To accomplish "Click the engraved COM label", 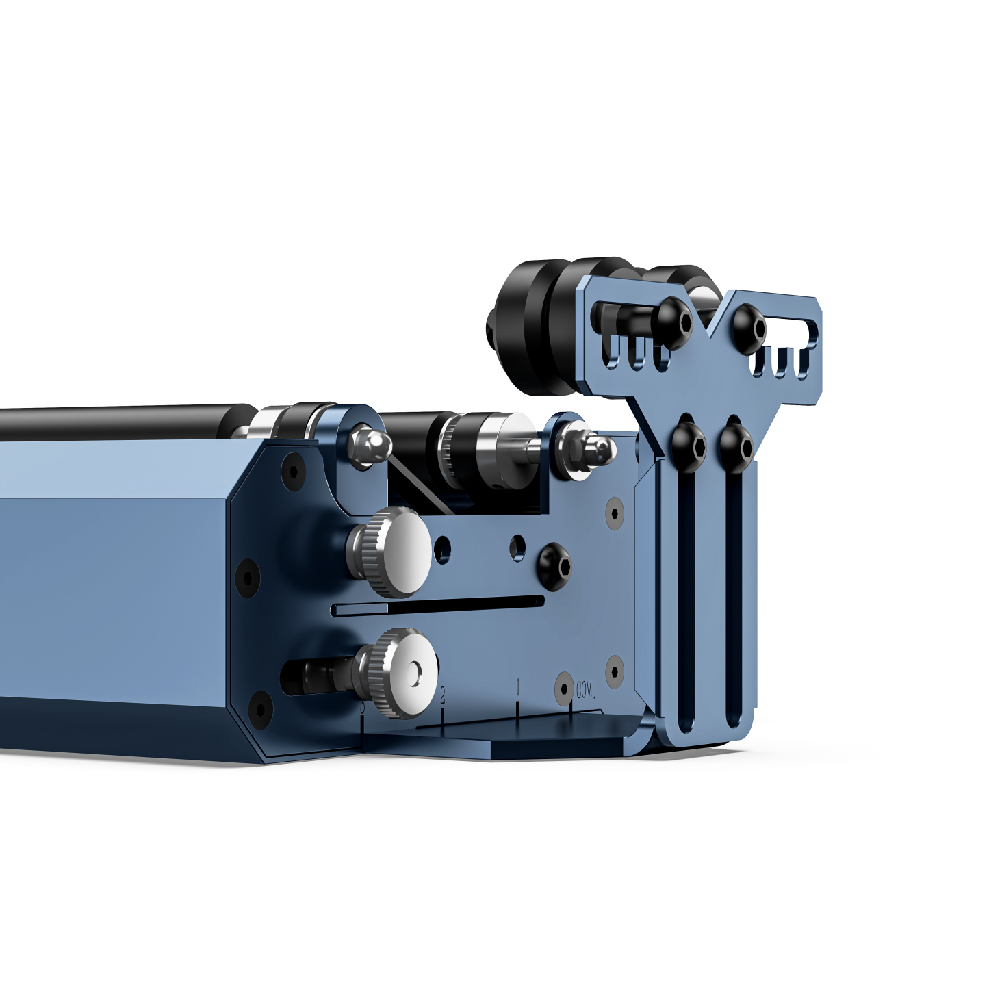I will tap(584, 690).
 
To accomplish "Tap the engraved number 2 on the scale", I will tap(442, 695).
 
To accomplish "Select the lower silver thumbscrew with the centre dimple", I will tap(404, 672).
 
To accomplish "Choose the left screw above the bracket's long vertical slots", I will tap(689, 446).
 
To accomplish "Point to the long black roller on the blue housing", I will tap(123, 422).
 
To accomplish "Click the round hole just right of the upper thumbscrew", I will tap(444, 546).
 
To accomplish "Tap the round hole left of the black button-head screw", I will tap(518, 546).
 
